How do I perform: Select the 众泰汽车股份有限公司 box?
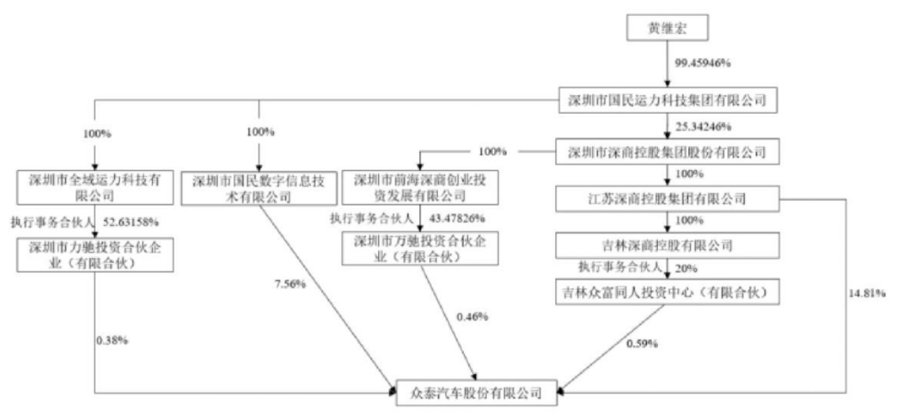pyautogui.click(x=477, y=392)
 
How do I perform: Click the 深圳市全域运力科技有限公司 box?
pyautogui.click(x=94, y=188)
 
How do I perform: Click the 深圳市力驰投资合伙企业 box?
pyautogui.click(x=94, y=255)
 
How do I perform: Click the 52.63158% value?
pyautogui.click(x=132, y=222)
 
